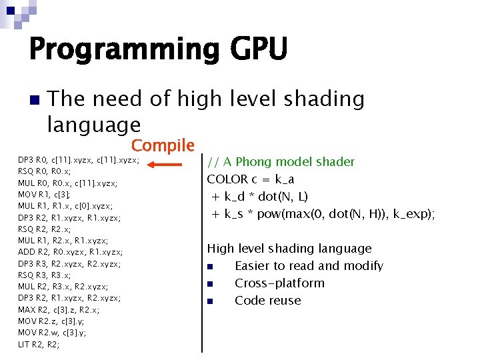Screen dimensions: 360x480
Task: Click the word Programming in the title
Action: (124, 50)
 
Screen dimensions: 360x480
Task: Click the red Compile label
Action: (163, 145)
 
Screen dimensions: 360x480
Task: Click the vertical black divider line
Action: (202, 253)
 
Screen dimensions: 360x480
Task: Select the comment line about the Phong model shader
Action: (281, 162)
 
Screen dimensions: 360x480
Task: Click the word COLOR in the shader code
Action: (227, 179)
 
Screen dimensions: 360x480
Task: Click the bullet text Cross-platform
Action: (279, 283)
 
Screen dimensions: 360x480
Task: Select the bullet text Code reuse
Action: (267, 301)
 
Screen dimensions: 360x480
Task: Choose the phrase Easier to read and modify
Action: (309, 266)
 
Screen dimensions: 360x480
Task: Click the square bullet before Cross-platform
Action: (210, 284)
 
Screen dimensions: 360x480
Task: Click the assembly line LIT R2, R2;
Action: (39, 345)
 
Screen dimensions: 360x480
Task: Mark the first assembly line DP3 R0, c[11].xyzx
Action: (79, 160)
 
